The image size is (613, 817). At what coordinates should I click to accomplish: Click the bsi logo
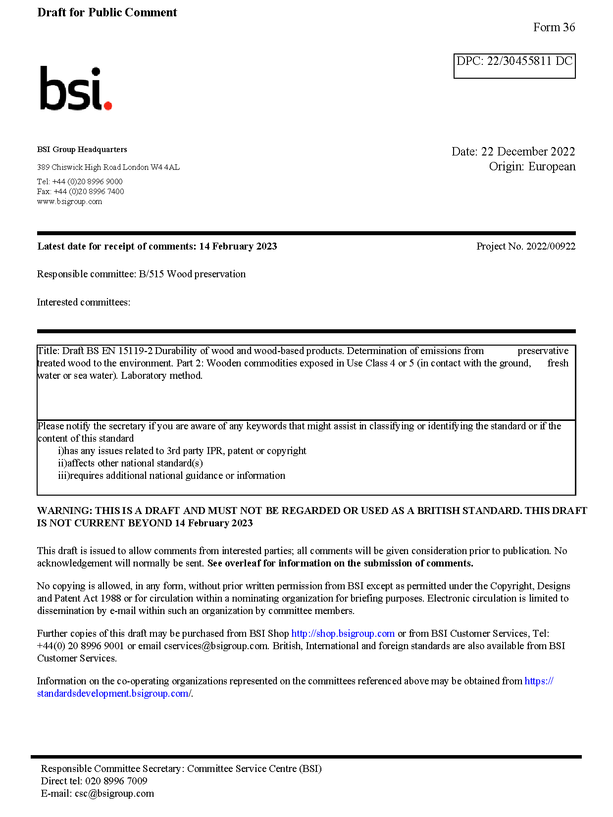point(75,89)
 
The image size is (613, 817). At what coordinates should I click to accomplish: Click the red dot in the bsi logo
point(108,105)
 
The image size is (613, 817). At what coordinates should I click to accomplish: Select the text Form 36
point(554,27)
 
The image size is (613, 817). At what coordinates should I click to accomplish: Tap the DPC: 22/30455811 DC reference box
point(514,66)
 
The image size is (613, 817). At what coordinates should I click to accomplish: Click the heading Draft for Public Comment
point(107,12)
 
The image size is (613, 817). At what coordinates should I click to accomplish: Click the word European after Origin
point(552,166)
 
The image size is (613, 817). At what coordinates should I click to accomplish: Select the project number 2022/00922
point(551,246)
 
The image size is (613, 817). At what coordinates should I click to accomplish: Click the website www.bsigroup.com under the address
point(69,202)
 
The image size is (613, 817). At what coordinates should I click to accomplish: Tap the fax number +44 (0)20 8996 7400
point(89,192)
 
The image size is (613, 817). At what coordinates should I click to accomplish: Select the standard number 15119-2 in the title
point(136,351)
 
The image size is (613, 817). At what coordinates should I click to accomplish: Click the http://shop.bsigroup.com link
point(343,634)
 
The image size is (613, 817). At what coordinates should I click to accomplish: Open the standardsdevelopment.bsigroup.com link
point(113,694)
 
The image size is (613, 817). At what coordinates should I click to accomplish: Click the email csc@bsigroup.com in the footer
point(114,794)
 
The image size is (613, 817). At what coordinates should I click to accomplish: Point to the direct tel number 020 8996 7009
point(116,781)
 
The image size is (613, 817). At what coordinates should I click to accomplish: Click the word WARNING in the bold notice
point(64,511)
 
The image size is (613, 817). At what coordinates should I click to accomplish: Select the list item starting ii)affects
point(130,463)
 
